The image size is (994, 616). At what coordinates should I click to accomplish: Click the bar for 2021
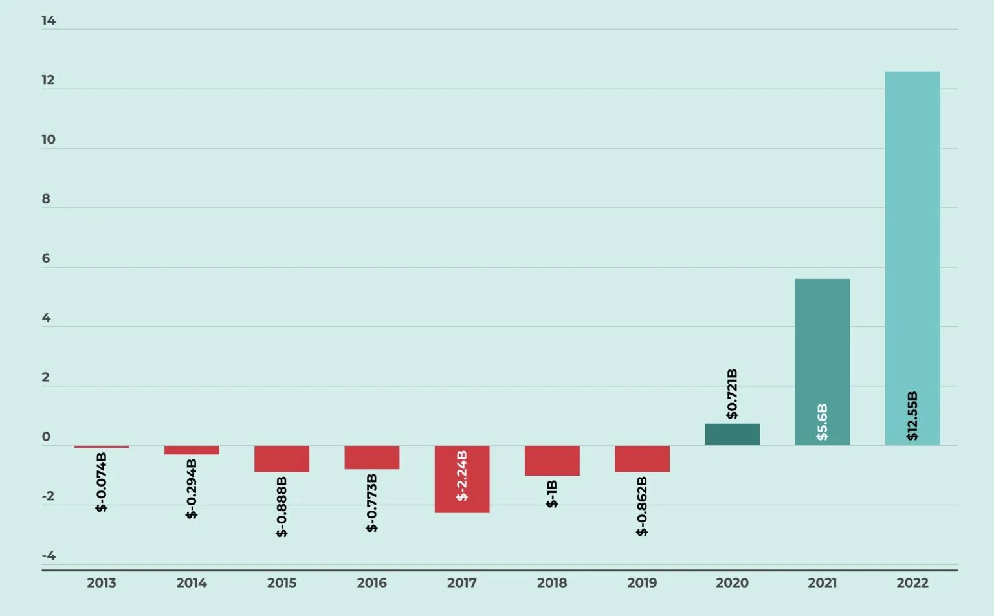(822, 336)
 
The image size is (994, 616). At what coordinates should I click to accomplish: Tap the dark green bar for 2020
(732, 434)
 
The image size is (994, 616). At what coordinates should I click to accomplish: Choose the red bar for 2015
(282, 459)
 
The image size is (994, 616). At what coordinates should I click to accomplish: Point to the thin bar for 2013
(102, 446)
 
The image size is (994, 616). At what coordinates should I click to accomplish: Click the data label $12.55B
(912, 416)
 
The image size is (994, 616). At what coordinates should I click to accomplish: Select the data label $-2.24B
(461, 476)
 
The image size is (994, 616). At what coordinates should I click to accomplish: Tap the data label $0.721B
(732, 394)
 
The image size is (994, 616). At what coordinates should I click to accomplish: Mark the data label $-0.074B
(102, 482)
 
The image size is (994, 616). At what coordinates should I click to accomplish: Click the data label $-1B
(552, 494)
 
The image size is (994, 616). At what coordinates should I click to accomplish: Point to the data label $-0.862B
(642, 506)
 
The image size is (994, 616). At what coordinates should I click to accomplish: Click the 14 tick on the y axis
(49, 21)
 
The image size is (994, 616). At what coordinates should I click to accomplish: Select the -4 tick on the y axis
(49, 556)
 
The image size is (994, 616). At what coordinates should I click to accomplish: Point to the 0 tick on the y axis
(46, 437)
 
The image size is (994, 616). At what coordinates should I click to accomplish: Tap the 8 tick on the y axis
(46, 199)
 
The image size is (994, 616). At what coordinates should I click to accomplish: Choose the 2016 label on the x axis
(371, 583)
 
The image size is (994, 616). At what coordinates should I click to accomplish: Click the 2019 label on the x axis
(642, 583)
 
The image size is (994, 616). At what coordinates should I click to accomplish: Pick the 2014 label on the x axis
(192, 583)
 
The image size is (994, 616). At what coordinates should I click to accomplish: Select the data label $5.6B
(822, 423)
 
